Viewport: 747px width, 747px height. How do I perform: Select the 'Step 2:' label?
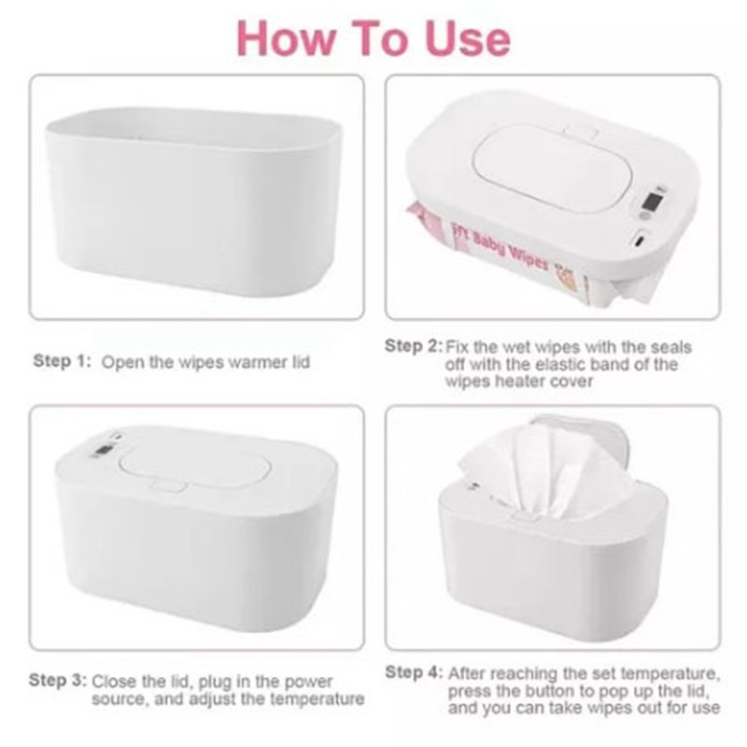pos(414,345)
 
